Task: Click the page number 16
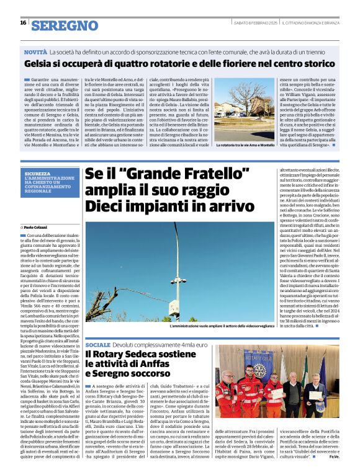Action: coord(23,22)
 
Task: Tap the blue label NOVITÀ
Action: coord(35,53)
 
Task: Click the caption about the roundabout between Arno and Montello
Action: coord(245,144)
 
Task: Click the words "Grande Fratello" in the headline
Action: coord(157,175)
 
